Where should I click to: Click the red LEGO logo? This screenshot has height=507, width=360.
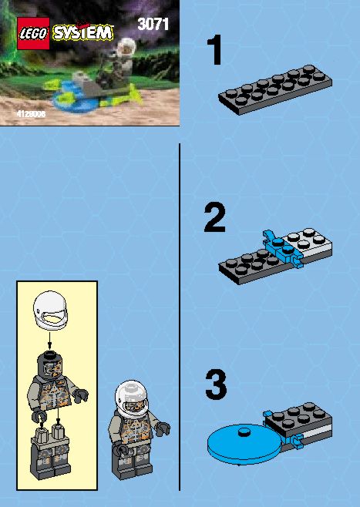coord(33,33)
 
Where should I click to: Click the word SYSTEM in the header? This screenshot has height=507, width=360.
coord(83,32)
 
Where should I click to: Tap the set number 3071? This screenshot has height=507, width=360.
coord(153,24)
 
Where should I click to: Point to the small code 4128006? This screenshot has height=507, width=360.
coord(31,114)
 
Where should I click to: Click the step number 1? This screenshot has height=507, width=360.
coord(214,50)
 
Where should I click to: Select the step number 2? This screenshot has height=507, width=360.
coord(214,217)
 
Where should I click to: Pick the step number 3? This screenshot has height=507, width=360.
coord(216,385)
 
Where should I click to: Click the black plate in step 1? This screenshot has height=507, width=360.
coord(275,89)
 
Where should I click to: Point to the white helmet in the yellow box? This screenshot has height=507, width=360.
coord(50,310)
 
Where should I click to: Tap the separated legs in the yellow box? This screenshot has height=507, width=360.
coord(50,452)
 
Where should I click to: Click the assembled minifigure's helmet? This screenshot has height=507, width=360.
coord(131,398)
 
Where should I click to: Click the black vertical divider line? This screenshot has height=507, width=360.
coord(180,317)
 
